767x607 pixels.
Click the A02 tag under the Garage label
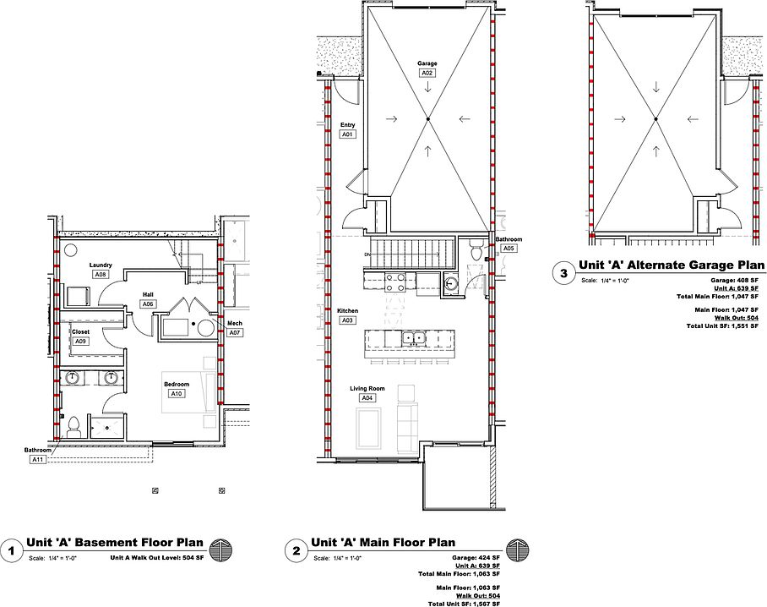click(x=427, y=73)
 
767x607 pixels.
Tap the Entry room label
click(x=347, y=125)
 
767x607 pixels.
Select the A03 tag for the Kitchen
click(x=347, y=320)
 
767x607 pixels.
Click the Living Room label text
click(x=367, y=389)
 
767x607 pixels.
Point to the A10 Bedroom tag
click(x=177, y=394)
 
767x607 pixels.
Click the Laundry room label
click(x=101, y=265)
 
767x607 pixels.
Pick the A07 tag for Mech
click(x=235, y=333)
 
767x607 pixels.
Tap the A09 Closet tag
click(x=81, y=342)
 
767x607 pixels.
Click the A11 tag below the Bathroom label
click(x=38, y=460)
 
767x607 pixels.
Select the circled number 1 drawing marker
click(x=11, y=550)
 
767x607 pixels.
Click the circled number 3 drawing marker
click(x=563, y=273)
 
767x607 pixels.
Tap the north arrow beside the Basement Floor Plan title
click(x=220, y=550)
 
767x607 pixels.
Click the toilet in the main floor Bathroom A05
click(x=476, y=250)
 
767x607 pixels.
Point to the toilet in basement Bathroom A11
click(x=73, y=427)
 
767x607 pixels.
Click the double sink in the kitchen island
click(x=414, y=338)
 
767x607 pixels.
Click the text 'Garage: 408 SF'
click(x=734, y=281)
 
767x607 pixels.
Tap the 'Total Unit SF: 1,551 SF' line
click(x=722, y=326)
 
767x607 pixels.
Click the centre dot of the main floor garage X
click(x=427, y=119)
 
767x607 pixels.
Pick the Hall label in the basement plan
click(x=148, y=295)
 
